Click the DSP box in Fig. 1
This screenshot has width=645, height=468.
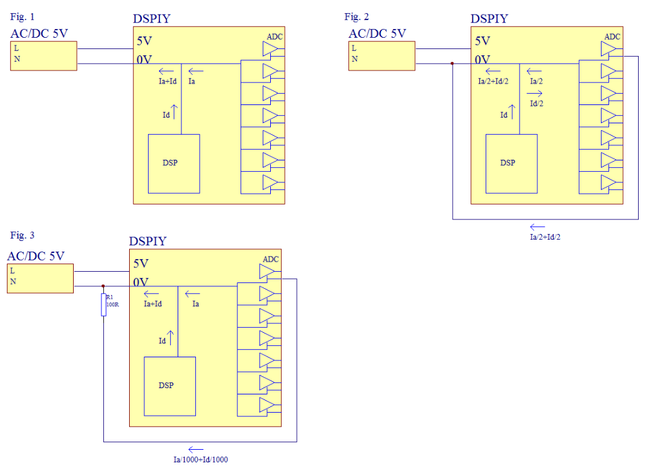click(x=173, y=164)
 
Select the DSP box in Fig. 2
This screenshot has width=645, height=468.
click(x=511, y=164)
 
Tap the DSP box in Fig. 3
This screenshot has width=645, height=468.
click(x=169, y=386)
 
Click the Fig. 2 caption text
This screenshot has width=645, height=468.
click(x=357, y=16)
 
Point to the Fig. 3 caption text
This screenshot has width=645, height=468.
click(x=23, y=235)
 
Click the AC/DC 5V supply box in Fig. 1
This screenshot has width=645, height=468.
click(x=43, y=55)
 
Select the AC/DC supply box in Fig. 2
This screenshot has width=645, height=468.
click(x=382, y=55)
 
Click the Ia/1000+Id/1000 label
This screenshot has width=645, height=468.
click(x=201, y=460)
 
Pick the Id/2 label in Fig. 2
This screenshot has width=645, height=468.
click(x=537, y=104)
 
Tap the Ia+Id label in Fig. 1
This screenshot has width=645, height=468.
click(x=167, y=81)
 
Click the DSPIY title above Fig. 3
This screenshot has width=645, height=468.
click(x=148, y=242)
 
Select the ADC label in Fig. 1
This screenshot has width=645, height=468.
click(x=275, y=36)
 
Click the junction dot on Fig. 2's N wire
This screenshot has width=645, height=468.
click(x=452, y=64)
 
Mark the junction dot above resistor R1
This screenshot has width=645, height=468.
click(x=103, y=286)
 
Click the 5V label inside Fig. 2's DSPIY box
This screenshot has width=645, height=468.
click(x=482, y=41)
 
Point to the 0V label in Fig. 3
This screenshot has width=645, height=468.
click(x=141, y=282)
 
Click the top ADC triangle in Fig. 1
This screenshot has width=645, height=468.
click(x=270, y=48)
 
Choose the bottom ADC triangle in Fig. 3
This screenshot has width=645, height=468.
click(x=266, y=404)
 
